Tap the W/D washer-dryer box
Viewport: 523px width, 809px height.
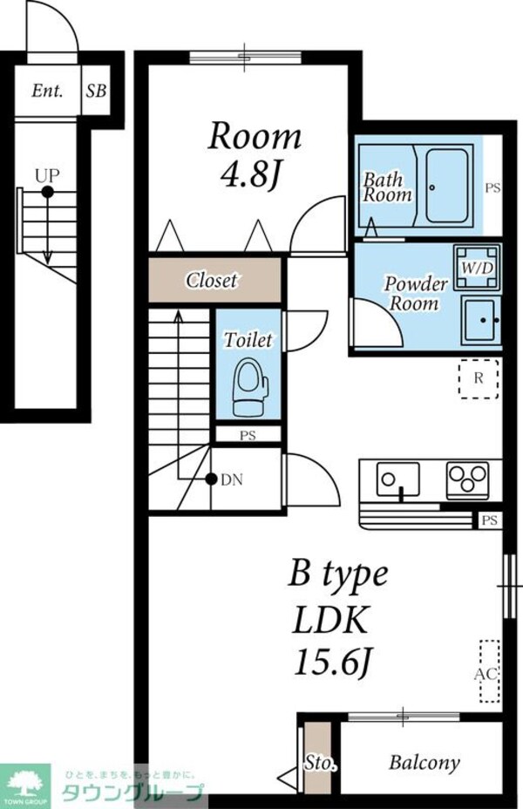(x=477, y=268)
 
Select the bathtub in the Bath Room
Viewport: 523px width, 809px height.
(x=449, y=186)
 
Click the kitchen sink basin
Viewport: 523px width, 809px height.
(x=397, y=479)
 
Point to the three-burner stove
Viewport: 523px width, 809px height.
(x=468, y=479)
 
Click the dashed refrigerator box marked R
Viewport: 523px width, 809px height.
(x=479, y=378)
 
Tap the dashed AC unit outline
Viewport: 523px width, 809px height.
(x=489, y=671)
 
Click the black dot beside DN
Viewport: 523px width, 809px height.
(x=210, y=479)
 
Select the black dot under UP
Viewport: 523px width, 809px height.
(x=47, y=192)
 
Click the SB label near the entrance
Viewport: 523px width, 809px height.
(x=96, y=91)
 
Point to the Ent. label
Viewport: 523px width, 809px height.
(x=47, y=91)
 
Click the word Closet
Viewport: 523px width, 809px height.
(x=212, y=280)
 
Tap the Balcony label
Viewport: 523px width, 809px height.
(x=424, y=763)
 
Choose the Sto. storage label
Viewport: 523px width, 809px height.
(x=320, y=763)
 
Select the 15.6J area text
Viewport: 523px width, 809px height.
(x=333, y=662)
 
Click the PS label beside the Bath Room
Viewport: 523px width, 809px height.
(x=492, y=187)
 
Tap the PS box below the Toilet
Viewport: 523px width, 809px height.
(x=248, y=434)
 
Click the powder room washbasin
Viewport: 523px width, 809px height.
(x=481, y=320)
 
